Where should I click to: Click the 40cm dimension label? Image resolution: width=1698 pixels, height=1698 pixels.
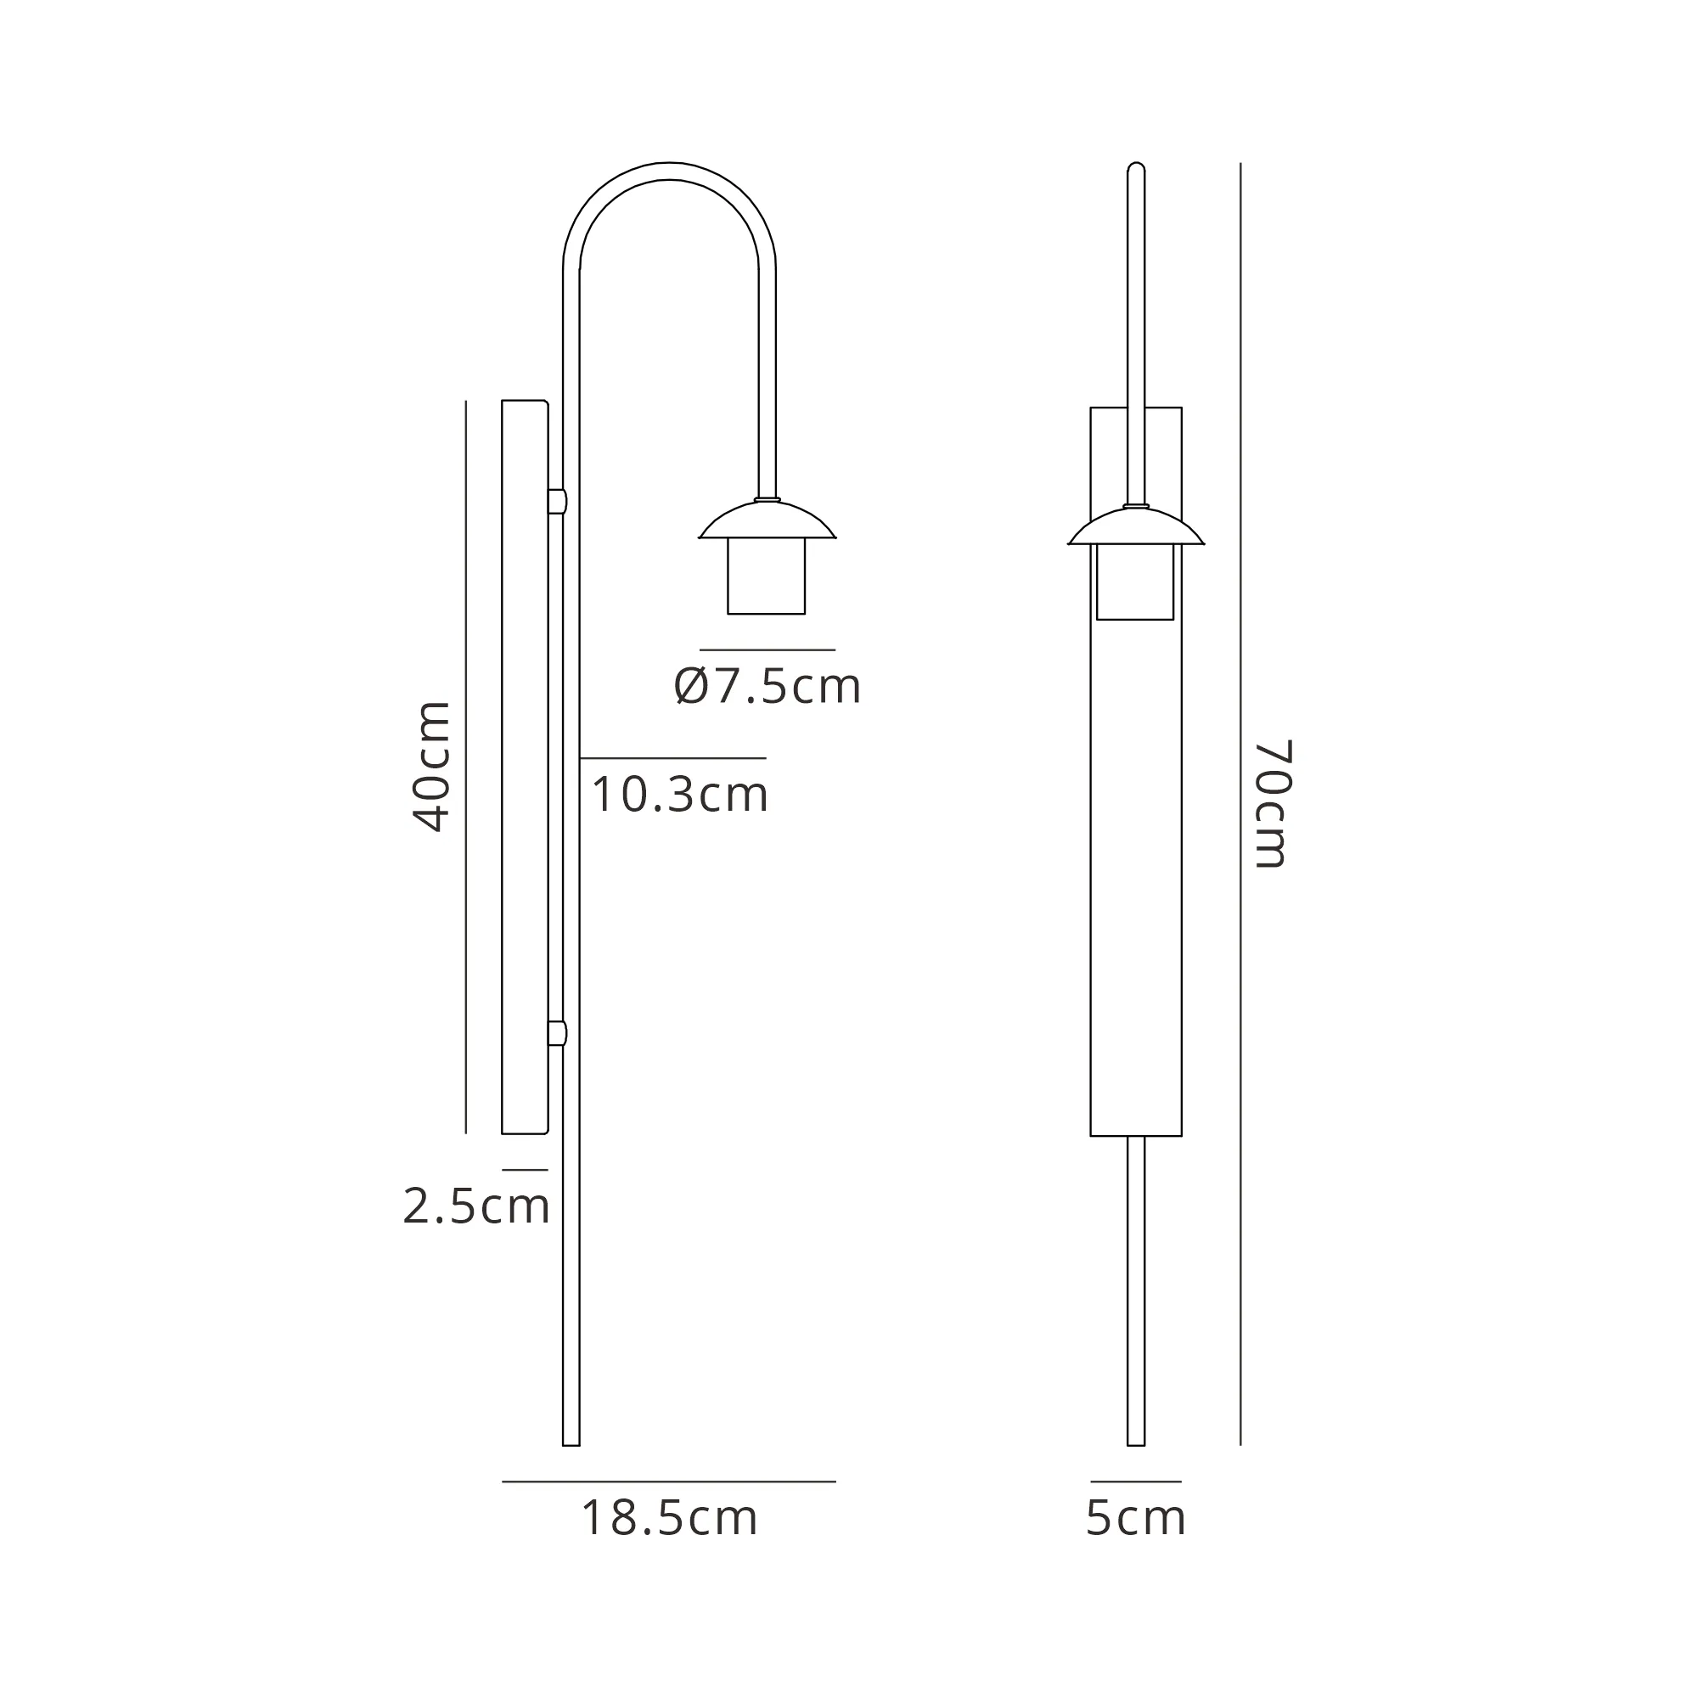click(431, 767)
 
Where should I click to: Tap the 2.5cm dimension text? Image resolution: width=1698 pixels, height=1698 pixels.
click(476, 1206)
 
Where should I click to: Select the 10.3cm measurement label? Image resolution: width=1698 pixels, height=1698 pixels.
click(679, 795)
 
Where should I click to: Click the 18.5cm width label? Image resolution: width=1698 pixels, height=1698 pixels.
click(669, 1518)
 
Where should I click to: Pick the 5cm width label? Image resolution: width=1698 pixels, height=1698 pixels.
click(1135, 1518)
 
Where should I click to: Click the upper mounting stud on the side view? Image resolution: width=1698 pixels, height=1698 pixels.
click(557, 502)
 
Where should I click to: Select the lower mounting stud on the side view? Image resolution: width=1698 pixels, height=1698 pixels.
click(557, 1032)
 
